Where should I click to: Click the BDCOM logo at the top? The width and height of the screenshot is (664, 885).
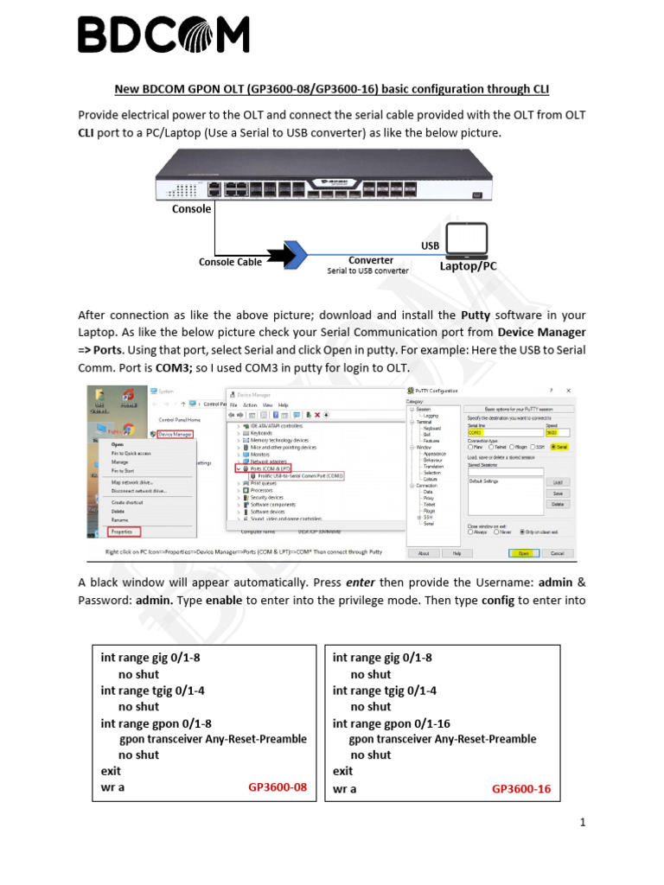(x=163, y=35)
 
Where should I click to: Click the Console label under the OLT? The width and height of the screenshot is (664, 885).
(x=191, y=209)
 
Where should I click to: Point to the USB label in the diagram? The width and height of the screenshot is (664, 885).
(x=431, y=246)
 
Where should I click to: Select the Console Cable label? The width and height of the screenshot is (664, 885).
(x=230, y=262)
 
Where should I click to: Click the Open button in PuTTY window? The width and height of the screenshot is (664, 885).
(x=523, y=552)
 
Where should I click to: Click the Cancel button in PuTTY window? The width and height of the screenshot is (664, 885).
(x=558, y=552)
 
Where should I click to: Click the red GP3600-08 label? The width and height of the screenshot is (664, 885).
(x=278, y=787)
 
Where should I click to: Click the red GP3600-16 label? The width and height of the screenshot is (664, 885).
(x=521, y=788)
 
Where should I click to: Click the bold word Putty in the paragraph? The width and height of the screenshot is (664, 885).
(x=476, y=315)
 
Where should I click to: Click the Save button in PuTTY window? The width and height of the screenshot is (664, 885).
(x=558, y=493)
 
